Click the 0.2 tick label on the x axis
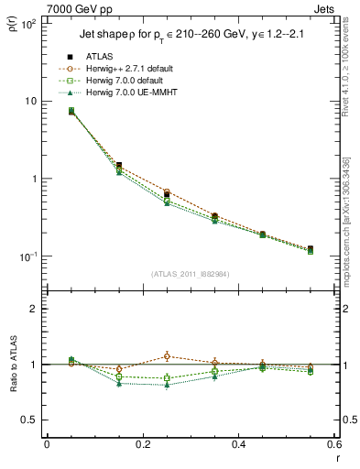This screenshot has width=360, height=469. pyautogui.click(x=142, y=444)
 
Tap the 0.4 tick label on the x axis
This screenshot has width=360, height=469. pyautogui.click(x=238, y=444)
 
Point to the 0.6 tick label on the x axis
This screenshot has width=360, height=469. pyautogui.click(x=333, y=444)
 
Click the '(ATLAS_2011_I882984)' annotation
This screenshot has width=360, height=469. pyautogui.click(x=191, y=274)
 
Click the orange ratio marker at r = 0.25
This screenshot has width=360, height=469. pyautogui.click(x=167, y=356)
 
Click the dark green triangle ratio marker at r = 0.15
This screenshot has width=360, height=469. pyautogui.click(x=119, y=383)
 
